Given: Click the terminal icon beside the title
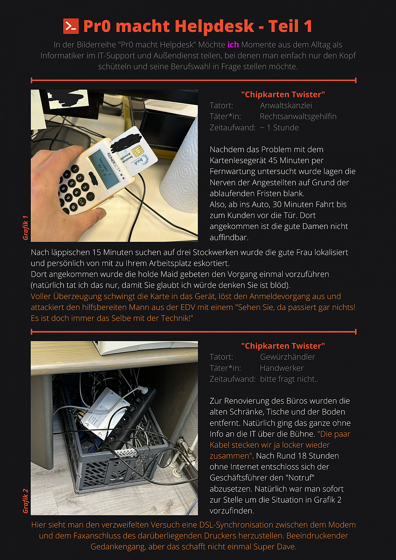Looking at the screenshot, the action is click(71, 26).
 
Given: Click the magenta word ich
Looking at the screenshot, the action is click(233, 44).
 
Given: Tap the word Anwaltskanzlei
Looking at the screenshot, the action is click(286, 105).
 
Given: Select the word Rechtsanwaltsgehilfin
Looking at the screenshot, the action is click(298, 116).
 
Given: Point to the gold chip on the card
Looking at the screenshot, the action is click(137, 151).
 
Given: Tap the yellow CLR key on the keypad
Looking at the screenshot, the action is click(81, 201).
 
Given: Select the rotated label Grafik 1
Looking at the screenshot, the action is click(26, 227).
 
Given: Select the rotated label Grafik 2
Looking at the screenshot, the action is click(26, 501).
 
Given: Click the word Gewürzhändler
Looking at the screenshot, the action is click(287, 357).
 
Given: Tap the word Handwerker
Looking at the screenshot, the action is click(282, 368).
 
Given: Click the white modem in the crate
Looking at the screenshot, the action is click(105, 412).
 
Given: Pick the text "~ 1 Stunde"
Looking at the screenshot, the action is click(279, 128).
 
